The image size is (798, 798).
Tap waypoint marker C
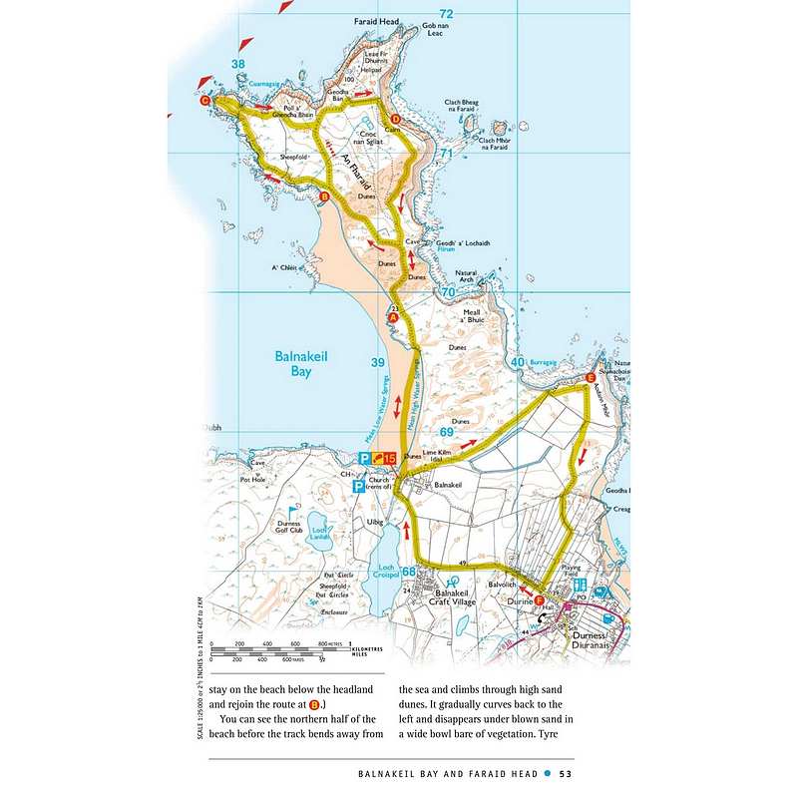coord(205,101)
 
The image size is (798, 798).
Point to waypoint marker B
coord(323,198)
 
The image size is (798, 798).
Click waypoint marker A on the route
coord(392,316)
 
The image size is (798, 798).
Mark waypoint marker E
coord(591,378)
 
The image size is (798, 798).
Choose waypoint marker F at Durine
coord(540,600)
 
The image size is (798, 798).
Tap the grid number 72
coord(446,13)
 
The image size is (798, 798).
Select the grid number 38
coord(237,65)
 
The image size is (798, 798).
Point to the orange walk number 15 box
coord(384,458)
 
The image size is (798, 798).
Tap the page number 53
coord(565,772)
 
